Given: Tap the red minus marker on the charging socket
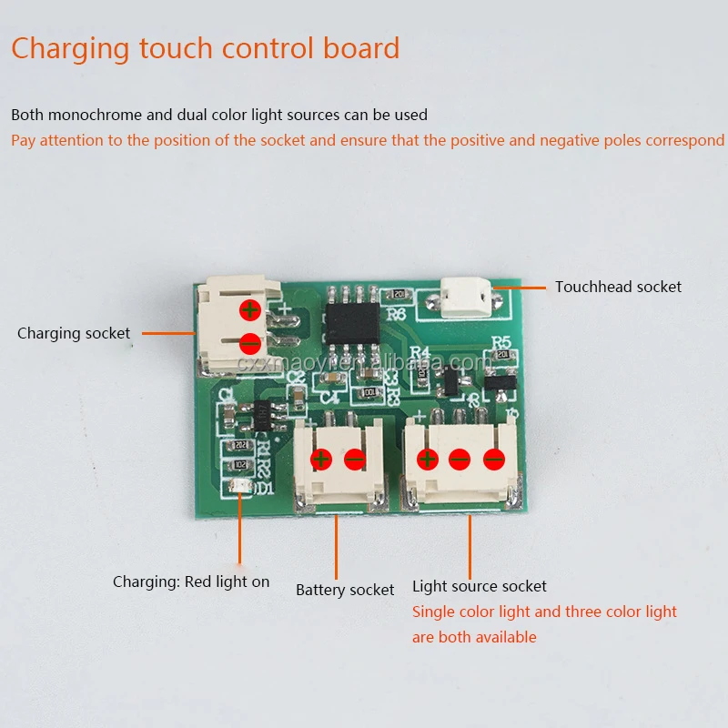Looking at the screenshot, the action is tap(250, 344).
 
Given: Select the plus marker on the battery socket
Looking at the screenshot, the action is tap(320, 459).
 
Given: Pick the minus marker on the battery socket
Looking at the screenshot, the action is tap(355, 459).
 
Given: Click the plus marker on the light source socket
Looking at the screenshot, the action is tap(425, 459).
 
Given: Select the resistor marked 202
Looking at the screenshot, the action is tap(241, 444).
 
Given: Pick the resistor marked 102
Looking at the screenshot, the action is tap(241, 464).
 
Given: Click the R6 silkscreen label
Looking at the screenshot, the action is tap(397, 314).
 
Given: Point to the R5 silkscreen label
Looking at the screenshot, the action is tap(500, 344).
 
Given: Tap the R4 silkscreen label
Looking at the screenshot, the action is tap(420, 353).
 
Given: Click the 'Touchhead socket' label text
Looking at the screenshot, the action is tap(618, 287).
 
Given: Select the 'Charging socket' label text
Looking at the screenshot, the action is tap(74, 333).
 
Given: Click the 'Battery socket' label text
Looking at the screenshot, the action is tap(345, 590).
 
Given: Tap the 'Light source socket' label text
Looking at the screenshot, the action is tap(480, 586).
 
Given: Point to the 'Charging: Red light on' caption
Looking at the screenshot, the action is tap(191, 581).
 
